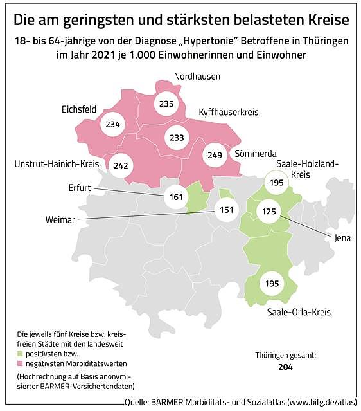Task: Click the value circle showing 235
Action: pyautogui.click(x=166, y=104)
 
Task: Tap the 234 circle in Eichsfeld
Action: pyautogui.click(x=112, y=125)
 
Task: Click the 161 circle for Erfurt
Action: pyautogui.click(x=175, y=196)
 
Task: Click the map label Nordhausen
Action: pyautogui.click(x=197, y=77)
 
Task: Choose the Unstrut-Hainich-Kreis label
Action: pyautogui.click(x=56, y=165)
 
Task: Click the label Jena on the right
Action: pyautogui.click(x=343, y=237)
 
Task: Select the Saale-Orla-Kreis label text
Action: pyautogui.click(x=298, y=312)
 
